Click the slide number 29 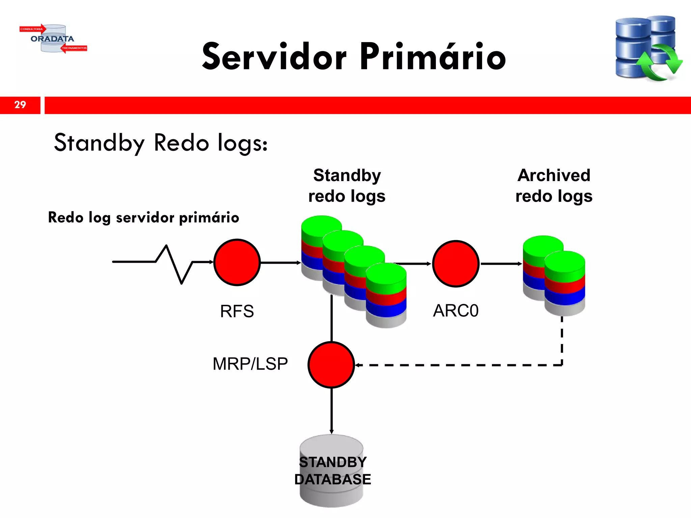click(x=20, y=105)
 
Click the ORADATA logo click(x=53, y=38)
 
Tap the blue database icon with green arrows click(x=648, y=48)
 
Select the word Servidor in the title click(x=274, y=56)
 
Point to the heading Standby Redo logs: click(x=161, y=143)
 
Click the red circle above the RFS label click(x=237, y=262)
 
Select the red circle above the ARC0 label click(x=455, y=264)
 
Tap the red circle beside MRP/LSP click(x=331, y=365)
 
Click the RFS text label click(x=237, y=311)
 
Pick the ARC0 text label click(x=455, y=311)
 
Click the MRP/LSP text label click(x=250, y=364)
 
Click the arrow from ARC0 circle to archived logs click(x=501, y=264)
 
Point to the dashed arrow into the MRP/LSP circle click(x=455, y=365)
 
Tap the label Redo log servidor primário click(x=143, y=218)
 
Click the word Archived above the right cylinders click(x=554, y=175)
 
